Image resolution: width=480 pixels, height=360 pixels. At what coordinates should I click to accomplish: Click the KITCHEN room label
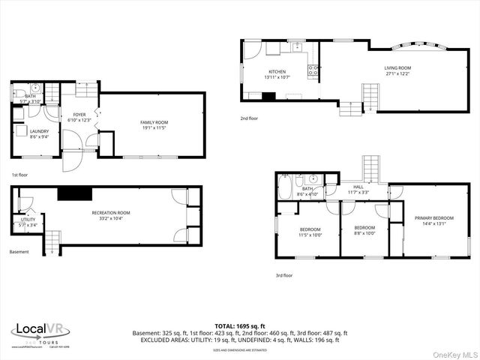click(x=277, y=72)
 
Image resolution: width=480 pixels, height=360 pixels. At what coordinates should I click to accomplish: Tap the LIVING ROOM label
click(x=398, y=67)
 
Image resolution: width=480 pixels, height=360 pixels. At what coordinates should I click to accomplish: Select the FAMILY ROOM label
click(x=154, y=122)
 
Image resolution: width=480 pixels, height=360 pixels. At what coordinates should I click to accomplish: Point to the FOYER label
click(x=78, y=115)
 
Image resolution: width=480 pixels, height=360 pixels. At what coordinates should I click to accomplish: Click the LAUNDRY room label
click(x=39, y=131)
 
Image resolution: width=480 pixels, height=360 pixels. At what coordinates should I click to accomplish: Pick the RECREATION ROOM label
click(x=111, y=213)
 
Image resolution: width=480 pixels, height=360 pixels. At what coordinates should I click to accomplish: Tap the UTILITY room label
click(x=28, y=219)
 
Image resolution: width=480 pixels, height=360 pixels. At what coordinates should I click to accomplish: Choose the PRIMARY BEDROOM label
click(x=434, y=218)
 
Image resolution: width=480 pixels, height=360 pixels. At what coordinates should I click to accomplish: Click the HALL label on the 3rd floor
click(x=358, y=187)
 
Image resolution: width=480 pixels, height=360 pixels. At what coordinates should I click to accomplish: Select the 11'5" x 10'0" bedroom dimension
click(x=310, y=235)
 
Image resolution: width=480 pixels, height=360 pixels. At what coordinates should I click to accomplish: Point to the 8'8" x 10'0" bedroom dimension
click(x=364, y=233)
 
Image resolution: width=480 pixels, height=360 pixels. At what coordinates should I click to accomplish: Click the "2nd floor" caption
click(x=249, y=118)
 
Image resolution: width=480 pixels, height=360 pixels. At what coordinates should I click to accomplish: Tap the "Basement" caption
click(x=19, y=252)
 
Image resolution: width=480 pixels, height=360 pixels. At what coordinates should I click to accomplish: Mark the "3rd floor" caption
click(x=283, y=275)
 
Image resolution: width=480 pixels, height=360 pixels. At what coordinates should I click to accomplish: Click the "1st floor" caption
click(x=19, y=175)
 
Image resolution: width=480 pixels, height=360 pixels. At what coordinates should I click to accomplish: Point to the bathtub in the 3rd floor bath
click(x=286, y=187)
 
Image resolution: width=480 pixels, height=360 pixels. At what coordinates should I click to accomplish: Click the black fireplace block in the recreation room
click(x=74, y=193)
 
